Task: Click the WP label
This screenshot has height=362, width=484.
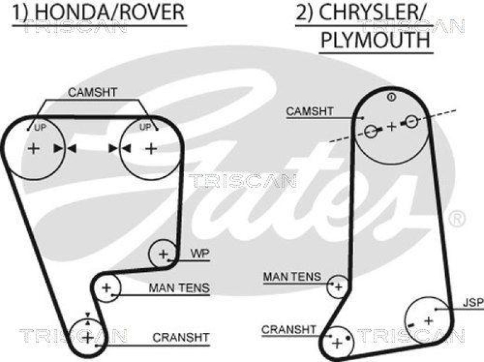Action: click(x=200, y=255)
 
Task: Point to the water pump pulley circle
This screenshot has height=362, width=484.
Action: click(x=163, y=254)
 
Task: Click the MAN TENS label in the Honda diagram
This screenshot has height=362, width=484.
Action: click(x=179, y=288)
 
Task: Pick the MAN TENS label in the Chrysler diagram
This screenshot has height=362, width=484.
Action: click(x=292, y=277)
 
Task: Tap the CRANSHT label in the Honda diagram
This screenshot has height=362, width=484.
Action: click(x=181, y=337)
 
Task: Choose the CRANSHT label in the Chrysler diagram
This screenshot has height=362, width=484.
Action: click(x=289, y=329)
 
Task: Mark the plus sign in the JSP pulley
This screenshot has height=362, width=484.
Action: click(x=428, y=319)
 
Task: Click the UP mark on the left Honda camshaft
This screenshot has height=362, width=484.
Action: click(x=40, y=128)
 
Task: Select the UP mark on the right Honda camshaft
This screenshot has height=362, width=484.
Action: click(x=145, y=128)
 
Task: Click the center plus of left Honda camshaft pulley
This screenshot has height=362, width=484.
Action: click(x=33, y=148)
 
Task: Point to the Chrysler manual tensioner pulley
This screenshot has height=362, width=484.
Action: click(x=338, y=286)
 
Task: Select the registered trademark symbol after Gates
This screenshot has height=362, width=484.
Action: click(x=458, y=216)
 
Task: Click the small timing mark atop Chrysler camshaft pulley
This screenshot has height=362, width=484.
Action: click(x=391, y=97)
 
